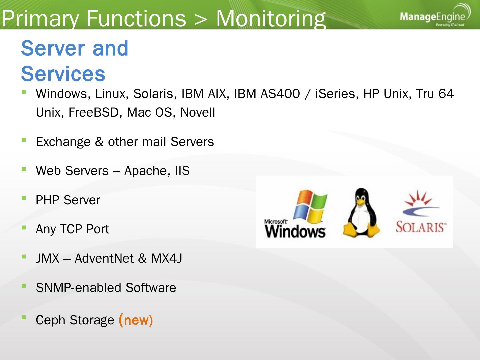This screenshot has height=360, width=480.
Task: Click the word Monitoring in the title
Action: pyautogui.click(x=271, y=18)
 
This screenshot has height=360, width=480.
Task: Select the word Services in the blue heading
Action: pyautogui.click(x=63, y=74)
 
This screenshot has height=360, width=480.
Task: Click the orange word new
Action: pyautogui.click(x=136, y=320)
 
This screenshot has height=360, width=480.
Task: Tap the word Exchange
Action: pyautogui.click(x=63, y=142)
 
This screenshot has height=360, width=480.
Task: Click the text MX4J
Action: pyautogui.click(x=166, y=258)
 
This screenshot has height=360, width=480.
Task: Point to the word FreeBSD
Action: pyautogui.click(x=94, y=112)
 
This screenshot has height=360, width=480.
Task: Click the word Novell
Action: pyautogui.click(x=197, y=112)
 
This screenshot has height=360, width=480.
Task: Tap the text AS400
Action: pyautogui.click(x=280, y=94)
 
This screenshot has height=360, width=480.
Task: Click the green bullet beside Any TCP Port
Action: pyautogui.click(x=24, y=228)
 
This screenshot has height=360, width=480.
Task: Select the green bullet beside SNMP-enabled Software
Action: pyautogui.click(x=24, y=286)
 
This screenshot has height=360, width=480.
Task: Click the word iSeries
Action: pyautogui.click(x=337, y=94)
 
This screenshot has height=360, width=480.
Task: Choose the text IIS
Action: pyautogui.click(x=182, y=171)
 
